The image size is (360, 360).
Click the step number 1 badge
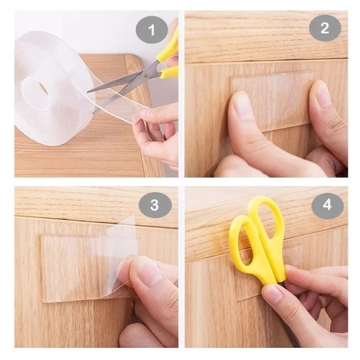[x=152, y=30]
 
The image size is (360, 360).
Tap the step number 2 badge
[x=325, y=28]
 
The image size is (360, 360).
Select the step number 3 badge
[x=155, y=205]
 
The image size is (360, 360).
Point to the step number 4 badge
[x=327, y=205]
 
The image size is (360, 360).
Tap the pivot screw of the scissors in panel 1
[x=145, y=75]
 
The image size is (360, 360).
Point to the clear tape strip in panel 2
[x=272, y=101]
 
